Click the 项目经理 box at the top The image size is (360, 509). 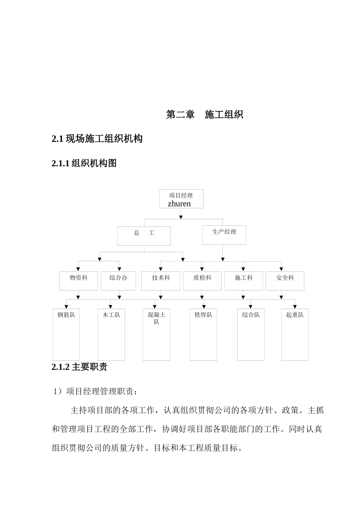point(181,198)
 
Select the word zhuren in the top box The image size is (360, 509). point(179,204)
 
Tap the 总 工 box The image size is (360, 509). point(144,236)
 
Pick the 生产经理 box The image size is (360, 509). point(224,235)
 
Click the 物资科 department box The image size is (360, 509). point(78,281)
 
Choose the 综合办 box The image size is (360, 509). point(118,281)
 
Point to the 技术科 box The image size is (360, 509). point(161,281)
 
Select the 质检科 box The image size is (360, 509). point(202,281)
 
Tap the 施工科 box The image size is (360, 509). point(243,281)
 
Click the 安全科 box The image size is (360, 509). point(285,281)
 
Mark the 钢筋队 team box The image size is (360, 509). point(66,334)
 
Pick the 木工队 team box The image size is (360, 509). point(111,334)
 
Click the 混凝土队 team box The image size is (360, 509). point(157,334)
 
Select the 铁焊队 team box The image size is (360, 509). point(203,334)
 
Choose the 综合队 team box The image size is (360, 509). point(251,334)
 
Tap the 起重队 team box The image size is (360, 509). point(295,334)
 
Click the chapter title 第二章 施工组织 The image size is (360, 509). point(205,114)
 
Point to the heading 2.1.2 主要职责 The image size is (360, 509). point(80,367)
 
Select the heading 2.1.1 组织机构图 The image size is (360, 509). point(84,163)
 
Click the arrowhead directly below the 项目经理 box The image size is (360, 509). point(181,217)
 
